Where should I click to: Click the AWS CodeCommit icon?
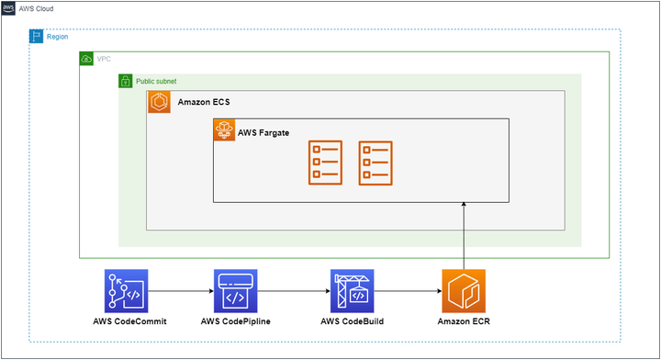(x=126, y=292)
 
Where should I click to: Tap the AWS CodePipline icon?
(x=235, y=292)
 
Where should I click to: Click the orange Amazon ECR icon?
(x=464, y=292)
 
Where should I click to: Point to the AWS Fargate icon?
(x=224, y=132)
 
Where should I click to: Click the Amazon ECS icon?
(x=159, y=101)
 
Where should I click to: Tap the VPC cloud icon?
(x=86, y=59)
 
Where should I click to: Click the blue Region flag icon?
(x=37, y=36)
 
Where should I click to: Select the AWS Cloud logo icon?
(x=9, y=7)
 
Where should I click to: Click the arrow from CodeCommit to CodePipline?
(x=180, y=292)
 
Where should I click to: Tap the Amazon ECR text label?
(x=464, y=321)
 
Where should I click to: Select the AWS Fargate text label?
(x=263, y=133)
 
